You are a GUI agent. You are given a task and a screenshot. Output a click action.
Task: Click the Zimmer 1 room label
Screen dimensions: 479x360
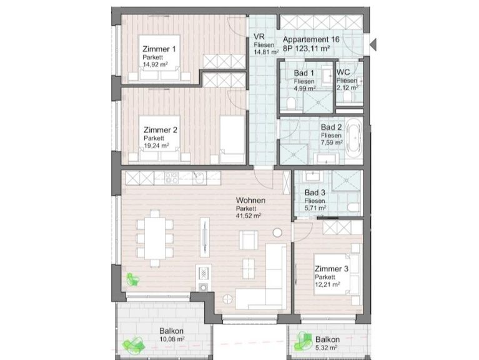(x=159, y=49)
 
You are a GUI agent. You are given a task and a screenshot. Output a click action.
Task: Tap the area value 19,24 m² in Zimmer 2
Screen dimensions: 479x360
(x=156, y=146)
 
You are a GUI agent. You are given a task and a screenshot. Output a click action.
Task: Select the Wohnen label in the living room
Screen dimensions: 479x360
(x=250, y=201)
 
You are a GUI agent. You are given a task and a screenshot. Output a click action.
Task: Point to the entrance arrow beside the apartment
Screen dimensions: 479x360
(x=373, y=44)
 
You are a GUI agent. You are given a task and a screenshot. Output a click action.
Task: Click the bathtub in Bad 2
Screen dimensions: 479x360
(x=354, y=137)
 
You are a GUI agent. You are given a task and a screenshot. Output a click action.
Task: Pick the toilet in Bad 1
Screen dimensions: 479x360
(x=291, y=104)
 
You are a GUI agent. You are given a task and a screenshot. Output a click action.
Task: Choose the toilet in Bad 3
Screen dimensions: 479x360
(x=354, y=207)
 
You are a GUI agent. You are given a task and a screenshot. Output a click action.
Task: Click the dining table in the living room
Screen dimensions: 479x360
(x=155, y=237)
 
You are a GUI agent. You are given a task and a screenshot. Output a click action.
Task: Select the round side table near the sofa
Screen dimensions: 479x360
(x=277, y=232)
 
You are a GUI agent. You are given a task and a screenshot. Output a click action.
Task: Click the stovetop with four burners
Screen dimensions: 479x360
(x=171, y=177)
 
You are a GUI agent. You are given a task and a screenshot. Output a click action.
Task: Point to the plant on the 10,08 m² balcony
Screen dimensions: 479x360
(x=133, y=345)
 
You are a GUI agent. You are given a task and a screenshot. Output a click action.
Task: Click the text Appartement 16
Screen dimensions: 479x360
(x=311, y=39)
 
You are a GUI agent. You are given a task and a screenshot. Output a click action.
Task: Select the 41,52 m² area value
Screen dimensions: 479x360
(x=249, y=216)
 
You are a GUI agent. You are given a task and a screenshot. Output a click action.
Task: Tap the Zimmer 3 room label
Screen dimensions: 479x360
(x=332, y=269)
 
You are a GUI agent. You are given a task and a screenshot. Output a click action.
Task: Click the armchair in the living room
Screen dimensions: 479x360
(x=248, y=240)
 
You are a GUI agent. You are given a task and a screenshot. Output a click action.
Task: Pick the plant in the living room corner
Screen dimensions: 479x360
(x=133, y=279)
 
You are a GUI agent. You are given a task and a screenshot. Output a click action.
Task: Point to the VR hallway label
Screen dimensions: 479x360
(x=259, y=37)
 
